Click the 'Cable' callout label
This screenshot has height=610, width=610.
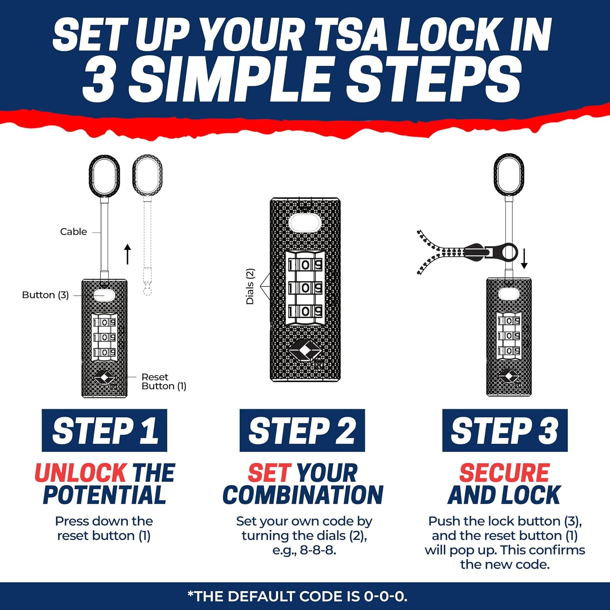click(x=74, y=231)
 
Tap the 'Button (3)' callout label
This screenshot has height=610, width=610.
click(x=45, y=295)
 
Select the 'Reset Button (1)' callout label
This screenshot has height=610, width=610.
click(x=164, y=381)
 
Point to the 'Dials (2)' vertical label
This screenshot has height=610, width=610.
click(x=250, y=286)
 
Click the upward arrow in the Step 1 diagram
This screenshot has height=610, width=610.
click(x=128, y=254)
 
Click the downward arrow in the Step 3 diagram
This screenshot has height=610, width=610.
click(x=524, y=259)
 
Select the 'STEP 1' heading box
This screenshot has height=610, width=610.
click(x=105, y=430)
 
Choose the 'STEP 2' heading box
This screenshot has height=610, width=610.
click(x=302, y=430)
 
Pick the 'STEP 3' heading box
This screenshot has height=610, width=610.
click(x=505, y=430)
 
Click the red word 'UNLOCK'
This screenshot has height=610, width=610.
click(x=81, y=473)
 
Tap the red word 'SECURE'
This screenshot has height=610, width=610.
click(x=505, y=473)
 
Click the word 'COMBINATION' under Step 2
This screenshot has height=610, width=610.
click(x=303, y=495)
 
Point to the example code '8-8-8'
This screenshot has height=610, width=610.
click(x=317, y=550)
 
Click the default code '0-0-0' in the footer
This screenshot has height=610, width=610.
click(x=384, y=596)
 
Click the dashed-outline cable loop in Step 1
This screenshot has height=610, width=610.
click(x=148, y=176)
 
